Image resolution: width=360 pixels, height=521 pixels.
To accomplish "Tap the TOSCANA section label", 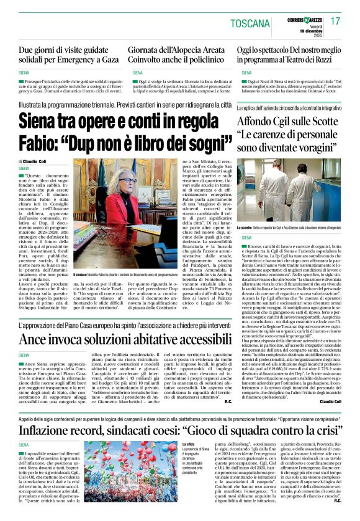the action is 250,24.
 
